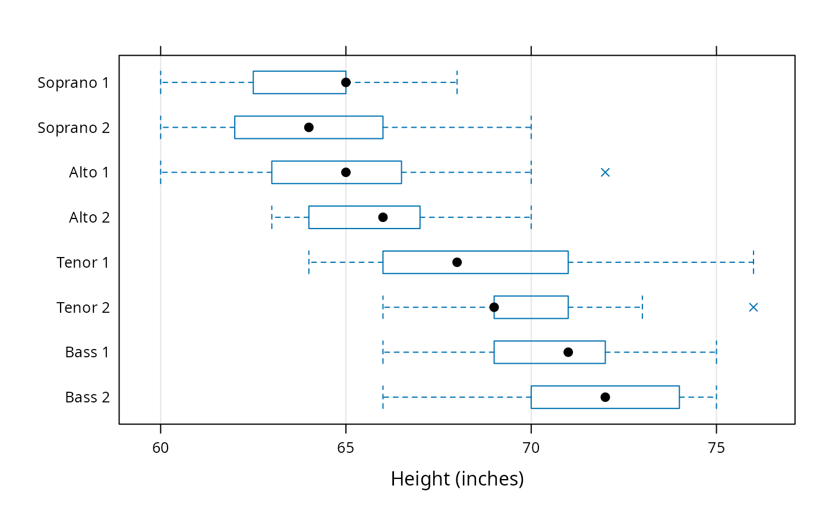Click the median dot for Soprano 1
346,83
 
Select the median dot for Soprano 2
308,127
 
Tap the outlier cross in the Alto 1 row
605,173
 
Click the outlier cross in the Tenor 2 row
754,307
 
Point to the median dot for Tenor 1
457,262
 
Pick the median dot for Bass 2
605,397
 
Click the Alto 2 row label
89,217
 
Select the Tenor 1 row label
83,262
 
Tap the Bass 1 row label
87,353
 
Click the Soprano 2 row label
74,128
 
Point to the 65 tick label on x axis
345,448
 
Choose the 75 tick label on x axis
717,448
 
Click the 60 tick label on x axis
160,448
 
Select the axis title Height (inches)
457,479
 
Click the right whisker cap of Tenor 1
754,262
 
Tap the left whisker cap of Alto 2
272,217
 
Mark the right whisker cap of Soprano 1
457,83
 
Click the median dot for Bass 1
568,352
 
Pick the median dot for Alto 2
383,217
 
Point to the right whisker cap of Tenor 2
642,307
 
